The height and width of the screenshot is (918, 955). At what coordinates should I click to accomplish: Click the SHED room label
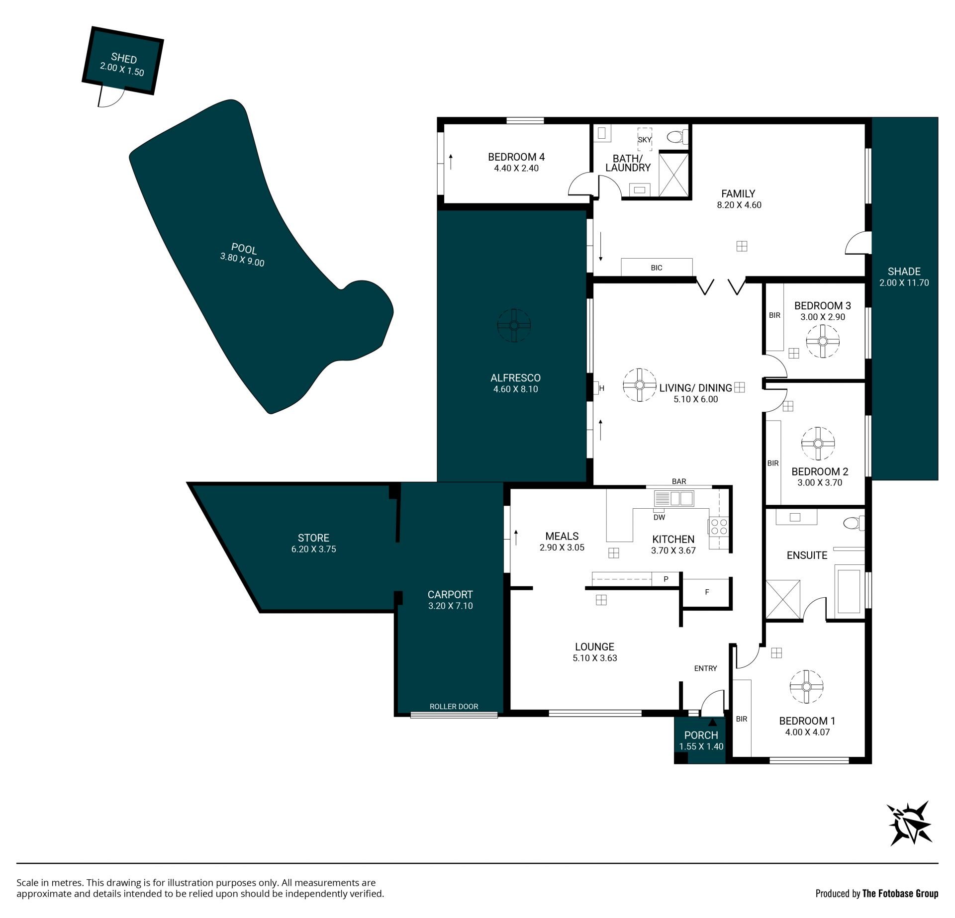124,58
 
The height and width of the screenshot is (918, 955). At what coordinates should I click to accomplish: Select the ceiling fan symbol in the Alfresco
514,325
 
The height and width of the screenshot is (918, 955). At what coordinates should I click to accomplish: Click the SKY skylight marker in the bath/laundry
645,140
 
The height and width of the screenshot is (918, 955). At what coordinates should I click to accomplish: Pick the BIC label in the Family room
657,268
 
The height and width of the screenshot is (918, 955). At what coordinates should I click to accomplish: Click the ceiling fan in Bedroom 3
822,341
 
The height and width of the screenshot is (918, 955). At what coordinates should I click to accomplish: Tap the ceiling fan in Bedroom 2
818,444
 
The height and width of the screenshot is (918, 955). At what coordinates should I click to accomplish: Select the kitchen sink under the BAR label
674,498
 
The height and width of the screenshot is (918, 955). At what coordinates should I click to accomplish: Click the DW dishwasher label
659,517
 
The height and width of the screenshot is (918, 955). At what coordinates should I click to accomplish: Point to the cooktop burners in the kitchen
719,527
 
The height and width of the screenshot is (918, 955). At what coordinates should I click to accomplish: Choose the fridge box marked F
706,592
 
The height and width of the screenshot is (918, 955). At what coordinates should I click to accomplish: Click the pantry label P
666,579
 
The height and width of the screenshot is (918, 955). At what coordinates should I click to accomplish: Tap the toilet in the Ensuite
855,523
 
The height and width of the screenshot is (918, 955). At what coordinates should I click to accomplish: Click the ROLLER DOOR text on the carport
454,706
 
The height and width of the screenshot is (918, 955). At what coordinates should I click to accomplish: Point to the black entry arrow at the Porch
713,722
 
